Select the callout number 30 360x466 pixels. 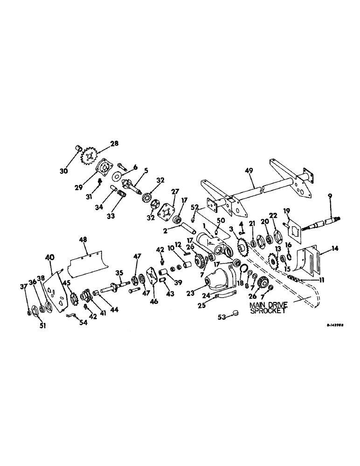[64, 171]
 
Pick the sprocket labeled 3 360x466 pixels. [242, 246]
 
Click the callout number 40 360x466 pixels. [49, 257]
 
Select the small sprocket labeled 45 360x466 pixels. [72, 297]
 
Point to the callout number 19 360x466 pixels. [287, 210]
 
